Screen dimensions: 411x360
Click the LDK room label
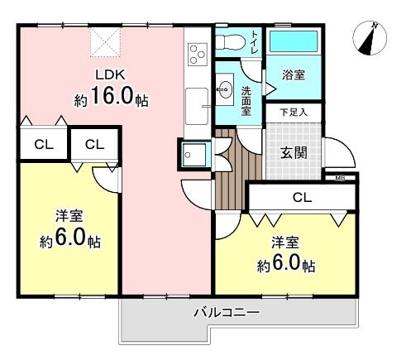point(110,74)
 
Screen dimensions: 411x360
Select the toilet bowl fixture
point(230,42)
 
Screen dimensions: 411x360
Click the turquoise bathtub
point(294,41)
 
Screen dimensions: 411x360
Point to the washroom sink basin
point(225,89)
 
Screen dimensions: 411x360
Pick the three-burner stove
point(198,55)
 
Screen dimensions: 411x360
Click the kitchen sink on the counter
point(197,106)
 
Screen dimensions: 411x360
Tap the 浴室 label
point(294,74)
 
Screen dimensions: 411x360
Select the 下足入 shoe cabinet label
point(294,113)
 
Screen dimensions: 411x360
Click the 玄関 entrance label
point(294,152)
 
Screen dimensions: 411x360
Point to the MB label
point(340,179)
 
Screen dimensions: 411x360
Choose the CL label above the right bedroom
point(302,198)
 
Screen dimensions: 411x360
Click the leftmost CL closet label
point(44,144)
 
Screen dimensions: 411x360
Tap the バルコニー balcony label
point(227,313)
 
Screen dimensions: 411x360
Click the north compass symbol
point(370,38)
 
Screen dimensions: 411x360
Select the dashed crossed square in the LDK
point(105,42)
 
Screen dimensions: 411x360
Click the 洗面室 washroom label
point(246,101)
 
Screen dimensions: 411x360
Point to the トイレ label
point(255,42)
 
